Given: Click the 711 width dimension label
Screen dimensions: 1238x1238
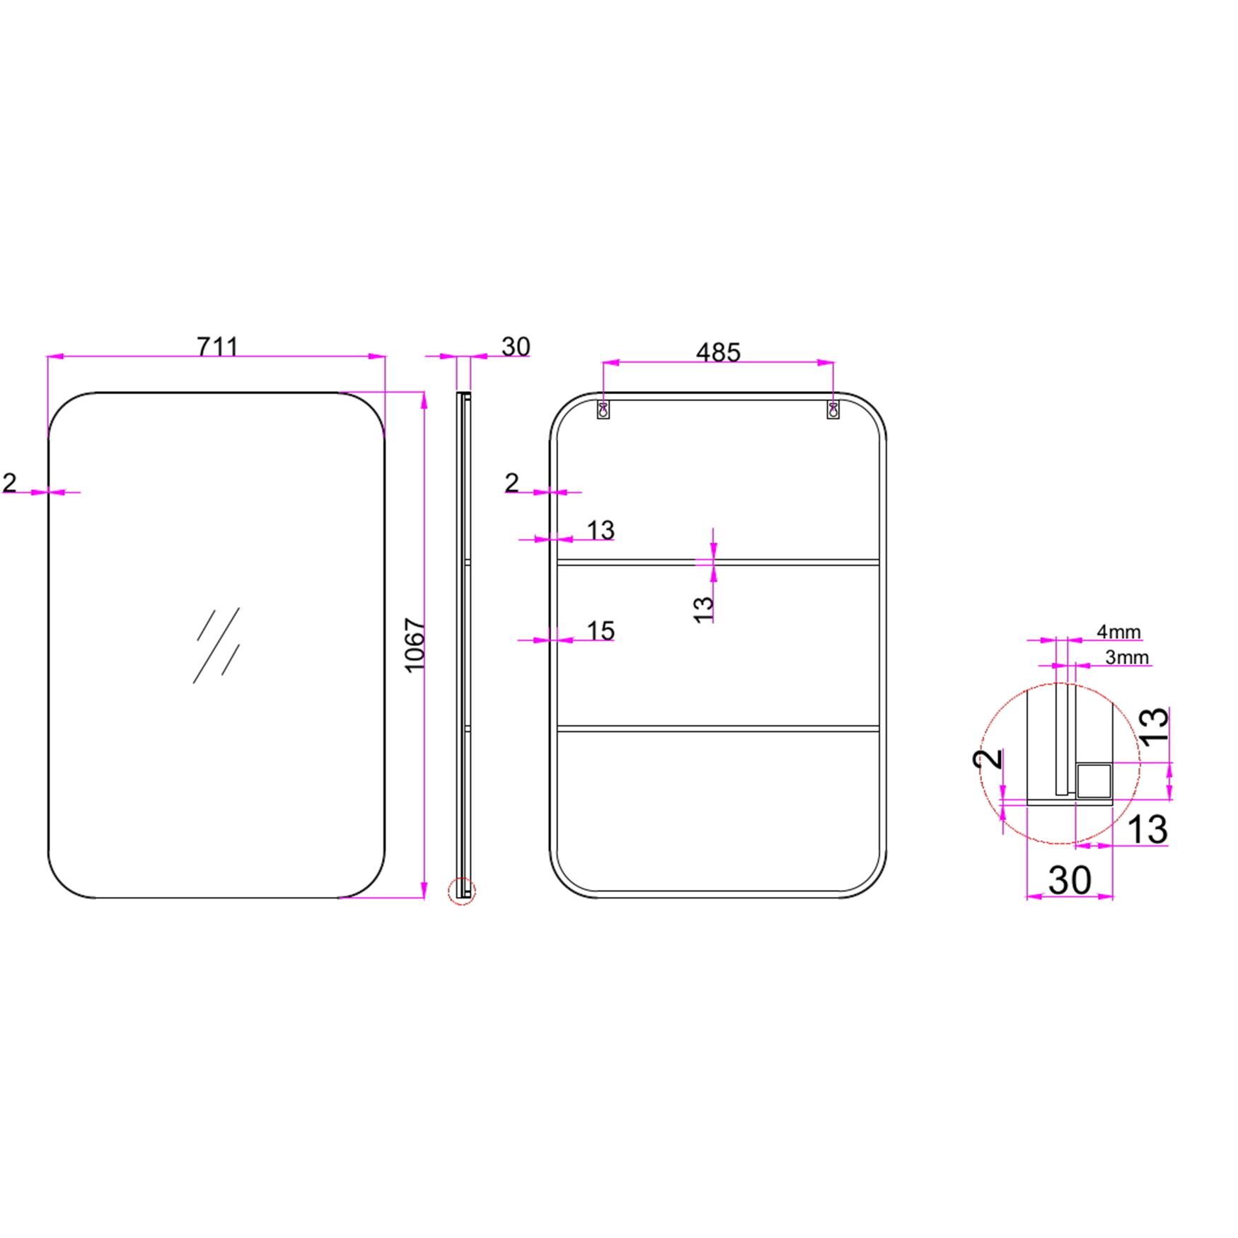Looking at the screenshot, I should (x=218, y=347).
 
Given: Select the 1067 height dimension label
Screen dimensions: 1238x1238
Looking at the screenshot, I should (x=415, y=645).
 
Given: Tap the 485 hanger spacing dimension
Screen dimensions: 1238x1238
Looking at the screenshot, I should (x=718, y=352).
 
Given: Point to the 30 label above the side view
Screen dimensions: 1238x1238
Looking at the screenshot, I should (x=516, y=347).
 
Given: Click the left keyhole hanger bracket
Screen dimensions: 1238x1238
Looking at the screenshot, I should (x=603, y=409).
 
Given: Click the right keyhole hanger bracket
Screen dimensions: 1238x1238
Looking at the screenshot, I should (x=833, y=409).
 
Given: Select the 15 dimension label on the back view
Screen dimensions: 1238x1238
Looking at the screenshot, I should (x=601, y=630).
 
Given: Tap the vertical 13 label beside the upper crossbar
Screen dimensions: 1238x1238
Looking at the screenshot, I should (x=704, y=609).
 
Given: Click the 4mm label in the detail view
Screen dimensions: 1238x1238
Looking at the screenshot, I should (x=1118, y=631).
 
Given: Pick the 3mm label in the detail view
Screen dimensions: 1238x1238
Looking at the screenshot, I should (x=1127, y=657).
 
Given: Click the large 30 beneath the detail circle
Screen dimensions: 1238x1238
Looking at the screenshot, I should (x=1069, y=880).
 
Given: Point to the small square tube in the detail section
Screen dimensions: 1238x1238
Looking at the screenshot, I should (x=1094, y=780).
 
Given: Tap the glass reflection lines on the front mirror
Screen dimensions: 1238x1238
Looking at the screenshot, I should (x=217, y=644).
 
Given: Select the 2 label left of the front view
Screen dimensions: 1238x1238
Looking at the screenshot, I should (x=9, y=483).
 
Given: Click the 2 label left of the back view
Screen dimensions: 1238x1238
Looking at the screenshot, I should (x=512, y=483).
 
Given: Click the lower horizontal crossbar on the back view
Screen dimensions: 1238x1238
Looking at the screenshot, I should (x=718, y=727).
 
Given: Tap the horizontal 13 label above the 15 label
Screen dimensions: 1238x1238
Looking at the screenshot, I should (x=601, y=529).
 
